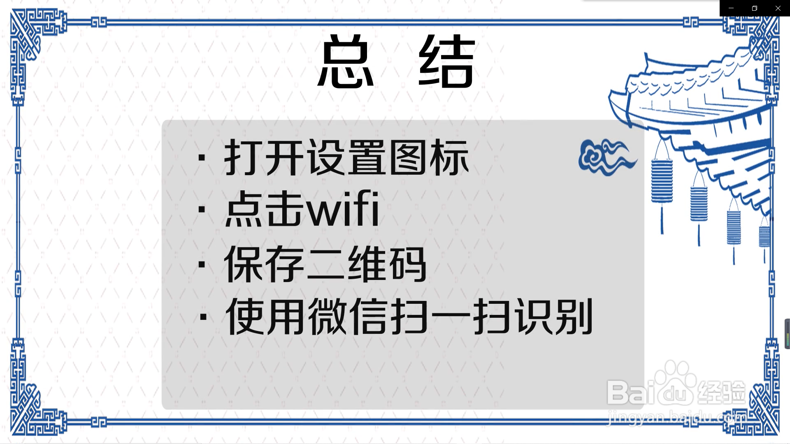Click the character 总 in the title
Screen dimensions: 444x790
(346, 62)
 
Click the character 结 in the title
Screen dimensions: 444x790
(447, 62)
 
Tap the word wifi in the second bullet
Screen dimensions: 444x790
(343, 209)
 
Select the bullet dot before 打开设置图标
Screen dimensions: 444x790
(202, 158)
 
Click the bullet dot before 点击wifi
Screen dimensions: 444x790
(202, 210)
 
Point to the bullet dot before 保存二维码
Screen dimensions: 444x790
(202, 264)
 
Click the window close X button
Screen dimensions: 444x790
(778, 8)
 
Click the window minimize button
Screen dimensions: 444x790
(731, 8)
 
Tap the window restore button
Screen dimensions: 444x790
(755, 8)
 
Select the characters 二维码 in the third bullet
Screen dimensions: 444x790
(367, 264)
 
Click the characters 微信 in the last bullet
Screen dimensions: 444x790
(348, 317)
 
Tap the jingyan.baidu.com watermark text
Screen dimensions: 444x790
(677, 418)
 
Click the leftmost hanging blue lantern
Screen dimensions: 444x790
(662, 181)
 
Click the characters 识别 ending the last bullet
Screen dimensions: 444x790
(553, 317)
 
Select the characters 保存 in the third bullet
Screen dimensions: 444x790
(264, 264)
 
